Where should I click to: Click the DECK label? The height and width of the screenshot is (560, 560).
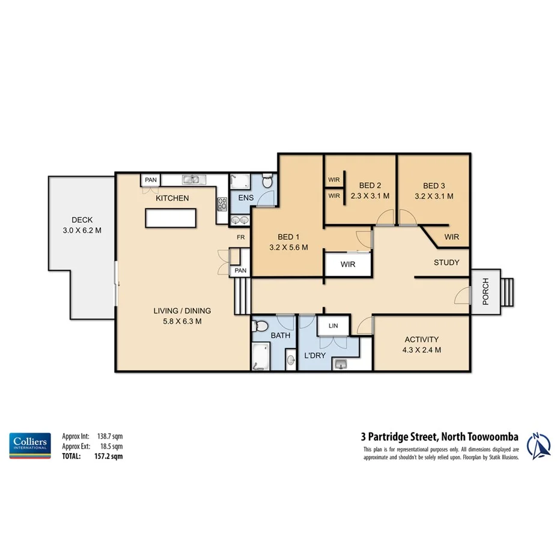[82, 220]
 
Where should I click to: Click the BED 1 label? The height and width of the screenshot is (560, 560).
[289, 237]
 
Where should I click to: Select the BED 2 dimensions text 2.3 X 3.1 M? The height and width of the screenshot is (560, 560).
[370, 196]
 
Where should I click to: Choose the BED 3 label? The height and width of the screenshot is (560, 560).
[434, 186]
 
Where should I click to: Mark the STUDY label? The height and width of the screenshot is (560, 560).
[446, 263]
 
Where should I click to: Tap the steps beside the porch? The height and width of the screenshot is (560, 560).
[508, 291]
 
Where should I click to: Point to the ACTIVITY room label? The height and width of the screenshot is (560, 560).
[421, 339]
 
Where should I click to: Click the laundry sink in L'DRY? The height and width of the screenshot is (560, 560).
[342, 363]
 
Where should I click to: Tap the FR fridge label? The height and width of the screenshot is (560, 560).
[240, 237]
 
